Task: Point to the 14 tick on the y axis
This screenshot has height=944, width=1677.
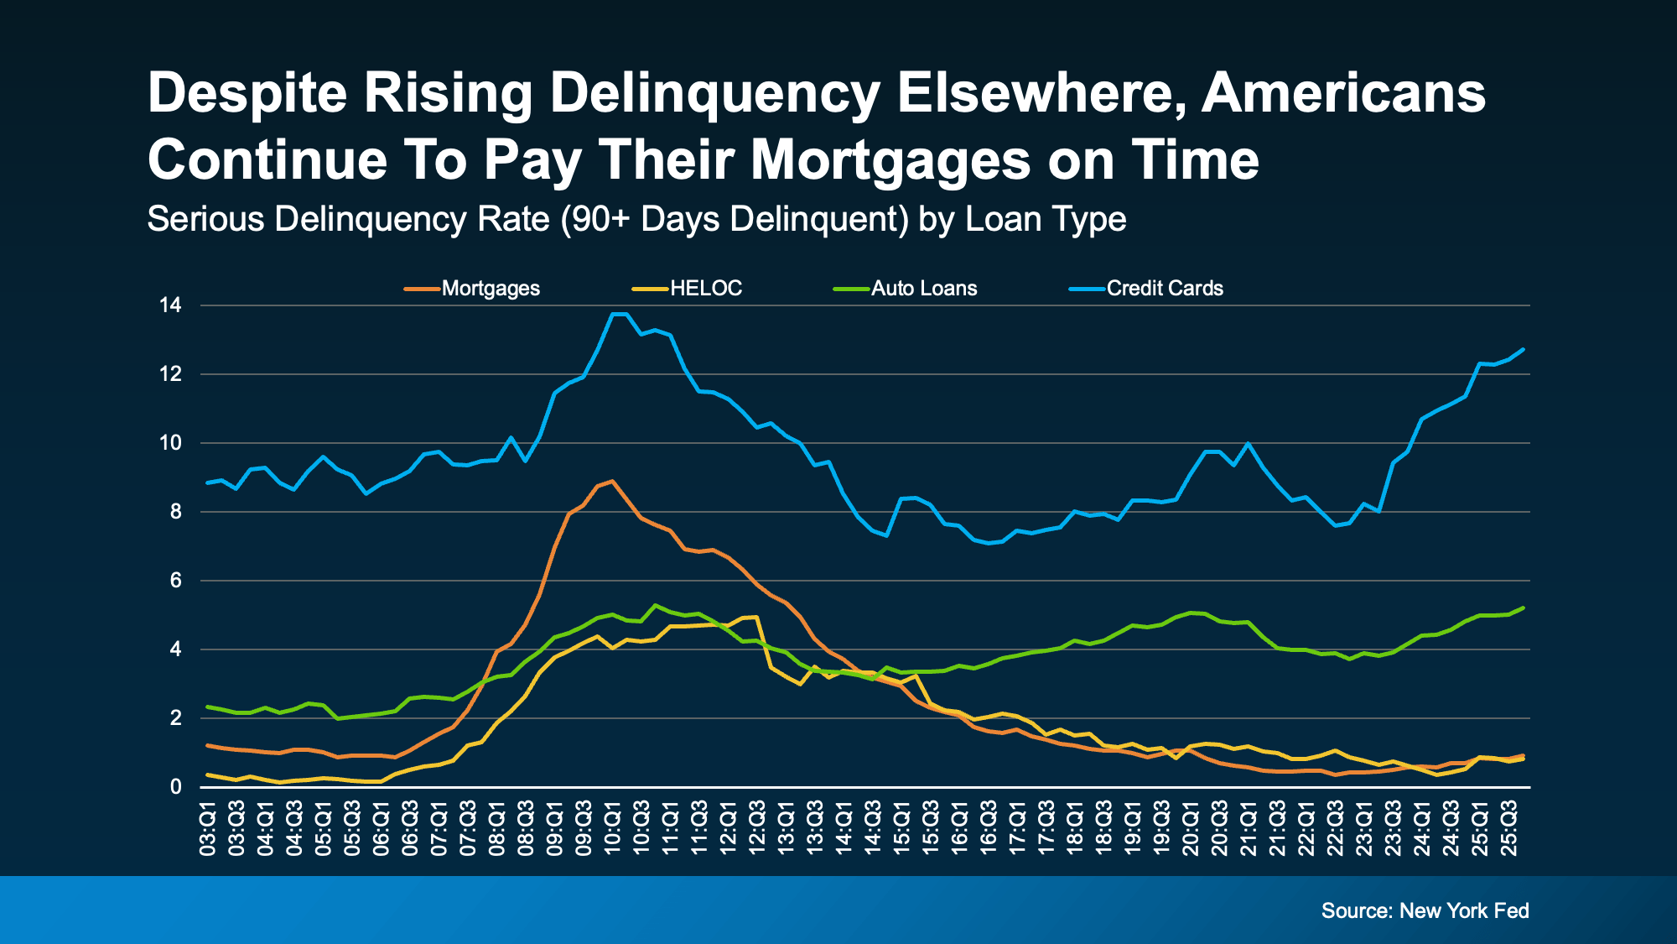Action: pyautogui.click(x=170, y=305)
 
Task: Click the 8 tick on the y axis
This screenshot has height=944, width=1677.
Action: pyautogui.click(x=175, y=512)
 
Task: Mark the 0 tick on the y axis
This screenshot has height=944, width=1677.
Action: pyautogui.click(x=175, y=787)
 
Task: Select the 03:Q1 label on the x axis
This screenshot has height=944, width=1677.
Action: pyautogui.click(x=208, y=829)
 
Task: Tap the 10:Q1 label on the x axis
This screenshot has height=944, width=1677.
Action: pyautogui.click(x=613, y=829)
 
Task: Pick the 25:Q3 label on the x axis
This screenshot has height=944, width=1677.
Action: pyautogui.click(x=1509, y=829)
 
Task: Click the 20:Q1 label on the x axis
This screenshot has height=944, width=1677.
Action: pyautogui.click(x=1191, y=829)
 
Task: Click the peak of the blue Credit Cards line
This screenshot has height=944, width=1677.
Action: pyautogui.click(x=620, y=314)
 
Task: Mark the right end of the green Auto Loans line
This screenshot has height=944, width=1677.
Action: pyautogui.click(x=1524, y=608)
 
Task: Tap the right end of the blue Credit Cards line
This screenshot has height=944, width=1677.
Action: pyautogui.click(x=1524, y=349)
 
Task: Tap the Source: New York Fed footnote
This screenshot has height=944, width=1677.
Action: pyautogui.click(x=1425, y=910)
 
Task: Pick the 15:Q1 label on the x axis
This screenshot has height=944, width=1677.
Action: pyautogui.click(x=902, y=829)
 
